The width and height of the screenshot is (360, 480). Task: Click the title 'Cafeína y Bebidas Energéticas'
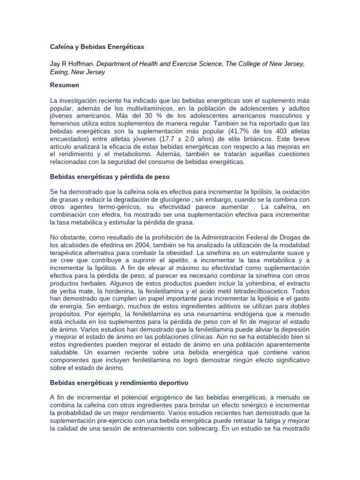97,47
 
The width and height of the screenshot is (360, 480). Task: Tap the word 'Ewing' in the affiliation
60,72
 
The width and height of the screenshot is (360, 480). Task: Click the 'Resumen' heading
65,86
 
